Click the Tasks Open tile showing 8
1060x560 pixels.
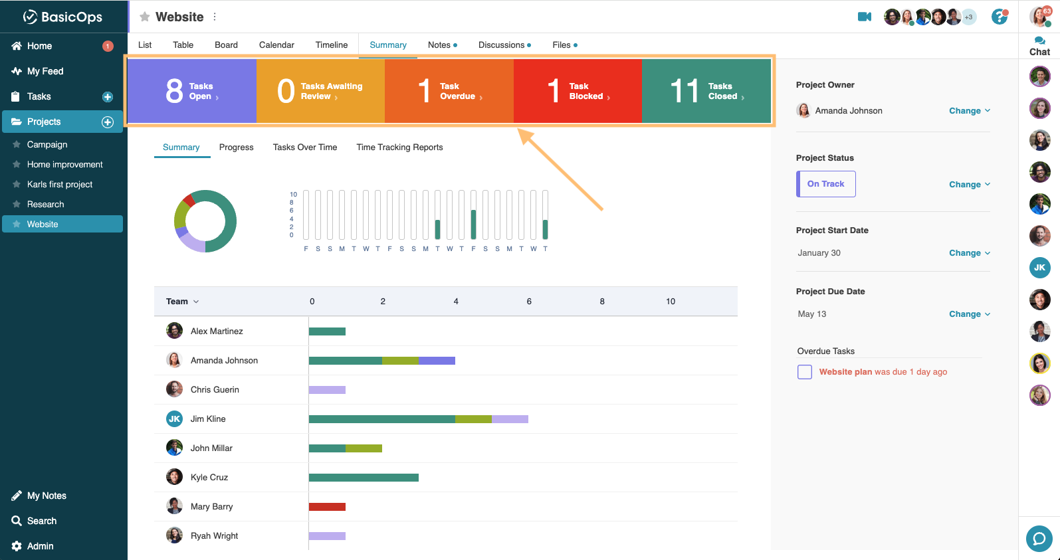[191, 91]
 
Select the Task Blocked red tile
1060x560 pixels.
[577, 91]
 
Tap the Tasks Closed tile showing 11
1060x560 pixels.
[706, 91]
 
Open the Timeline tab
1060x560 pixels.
[331, 45]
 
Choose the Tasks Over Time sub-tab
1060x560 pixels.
[304, 147]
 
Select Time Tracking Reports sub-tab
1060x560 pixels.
[399, 147]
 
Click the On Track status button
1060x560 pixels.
[825, 184]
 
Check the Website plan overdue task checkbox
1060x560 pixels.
[805, 372]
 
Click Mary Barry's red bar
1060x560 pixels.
[327, 507]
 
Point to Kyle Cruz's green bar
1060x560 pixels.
[364, 478]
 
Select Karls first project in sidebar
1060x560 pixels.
[60, 185]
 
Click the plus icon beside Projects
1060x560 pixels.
[108, 122]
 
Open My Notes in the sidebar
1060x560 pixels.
[47, 496]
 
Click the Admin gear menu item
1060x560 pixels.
[40, 546]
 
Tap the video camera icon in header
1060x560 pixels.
[864, 17]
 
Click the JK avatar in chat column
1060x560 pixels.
[1039, 268]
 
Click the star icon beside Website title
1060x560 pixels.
[144, 17]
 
